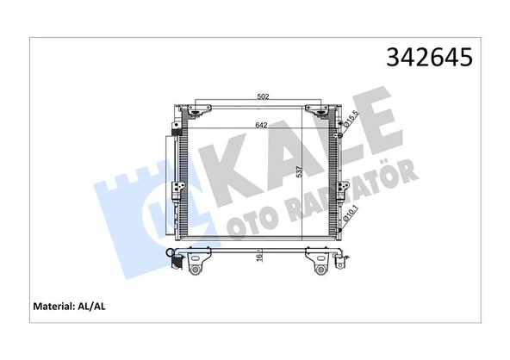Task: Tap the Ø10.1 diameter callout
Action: pyautogui.click(x=350, y=208)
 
